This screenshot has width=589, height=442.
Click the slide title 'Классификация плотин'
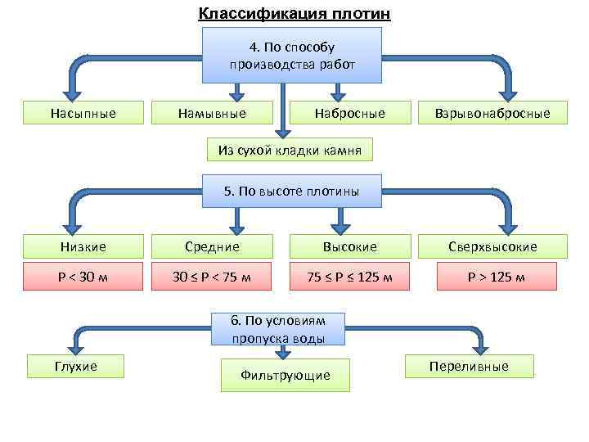click(x=294, y=14)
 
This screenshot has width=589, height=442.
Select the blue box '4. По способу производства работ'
click(x=292, y=55)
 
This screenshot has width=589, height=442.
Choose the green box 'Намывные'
click(x=212, y=113)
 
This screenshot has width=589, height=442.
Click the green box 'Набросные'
click(x=350, y=113)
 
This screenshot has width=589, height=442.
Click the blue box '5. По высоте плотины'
click(x=292, y=192)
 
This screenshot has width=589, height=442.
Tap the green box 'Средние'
click(x=212, y=246)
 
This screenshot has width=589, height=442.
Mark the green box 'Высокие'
click(x=350, y=246)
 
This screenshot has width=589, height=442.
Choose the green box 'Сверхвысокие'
click(x=492, y=246)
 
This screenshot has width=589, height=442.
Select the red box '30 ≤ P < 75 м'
click(x=212, y=277)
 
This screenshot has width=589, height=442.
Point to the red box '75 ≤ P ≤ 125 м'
click(x=350, y=277)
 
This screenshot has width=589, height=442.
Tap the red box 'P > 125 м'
click(x=492, y=277)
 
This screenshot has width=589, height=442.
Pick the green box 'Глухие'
click(x=76, y=366)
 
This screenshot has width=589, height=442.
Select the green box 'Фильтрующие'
click(x=286, y=375)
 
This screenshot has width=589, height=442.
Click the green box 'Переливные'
click(x=469, y=366)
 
